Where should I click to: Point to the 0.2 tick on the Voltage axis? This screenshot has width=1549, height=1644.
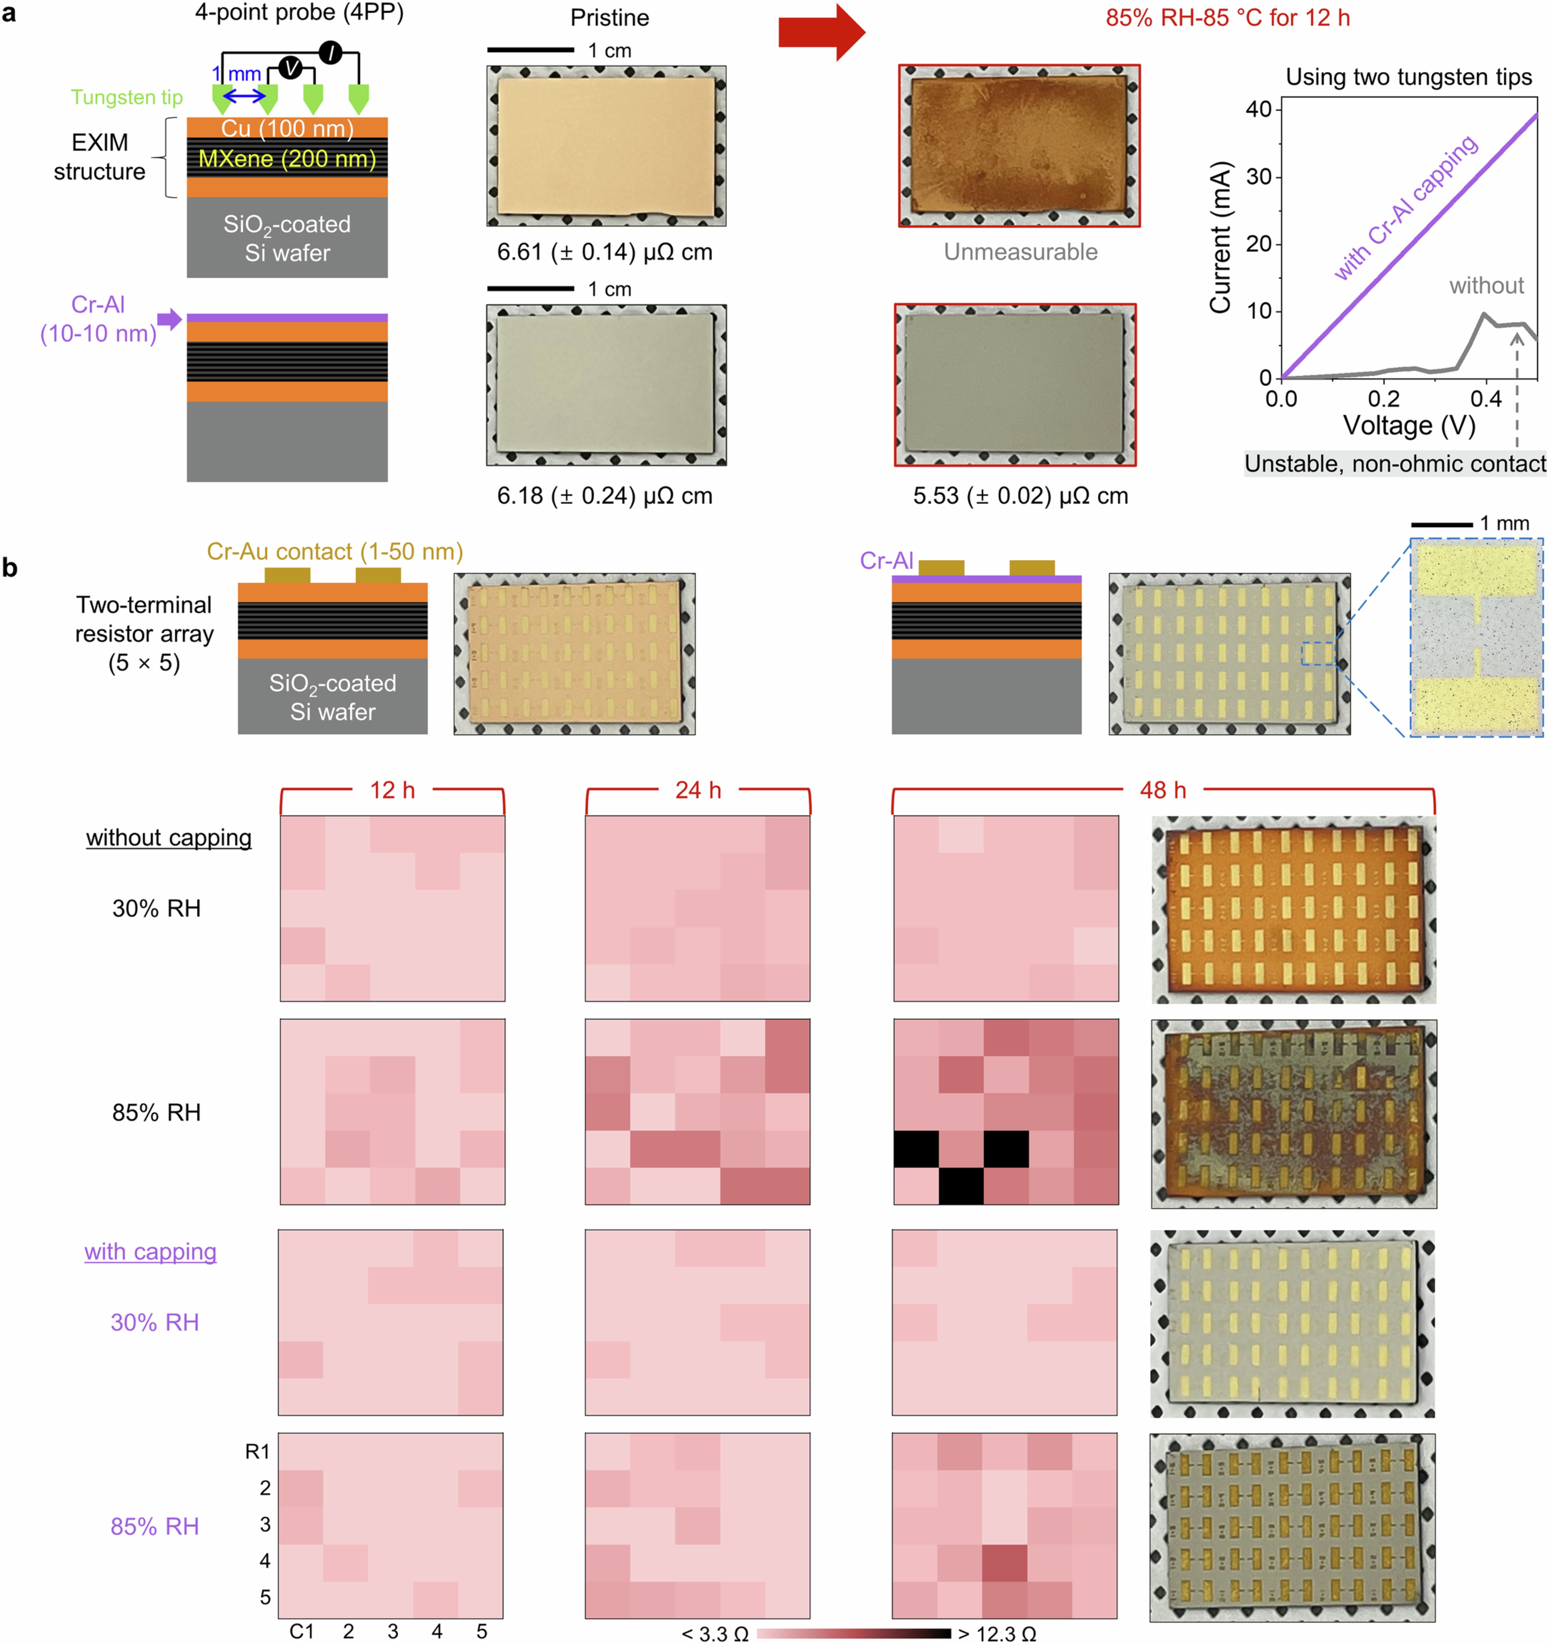pyautogui.click(x=1384, y=399)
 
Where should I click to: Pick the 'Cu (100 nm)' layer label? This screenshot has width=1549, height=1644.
pyautogui.click(x=287, y=128)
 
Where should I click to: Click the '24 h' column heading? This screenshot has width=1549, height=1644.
pyautogui.click(x=698, y=791)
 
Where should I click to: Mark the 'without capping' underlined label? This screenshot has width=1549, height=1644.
pyautogui.click(x=169, y=838)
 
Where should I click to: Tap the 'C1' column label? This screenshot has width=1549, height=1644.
pyautogui.click(x=302, y=1631)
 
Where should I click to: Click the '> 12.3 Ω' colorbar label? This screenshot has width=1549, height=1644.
pyautogui.click(x=997, y=1634)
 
